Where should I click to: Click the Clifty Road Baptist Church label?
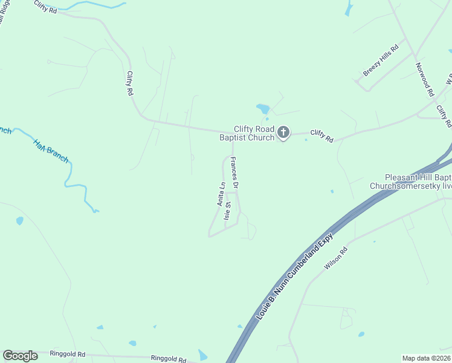(254, 133)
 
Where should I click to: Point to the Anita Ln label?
(222, 194)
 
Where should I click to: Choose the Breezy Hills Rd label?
(381, 62)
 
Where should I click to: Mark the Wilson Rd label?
(337, 257)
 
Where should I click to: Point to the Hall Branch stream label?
(51, 151)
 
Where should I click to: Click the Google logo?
(20, 356)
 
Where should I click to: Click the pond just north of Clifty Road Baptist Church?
(263, 109)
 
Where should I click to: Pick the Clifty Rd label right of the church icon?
(321, 136)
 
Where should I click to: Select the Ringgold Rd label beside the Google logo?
(68, 354)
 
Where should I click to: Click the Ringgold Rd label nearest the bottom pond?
(168, 359)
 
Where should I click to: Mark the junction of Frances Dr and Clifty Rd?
(233, 131)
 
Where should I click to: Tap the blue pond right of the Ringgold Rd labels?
(203, 356)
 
